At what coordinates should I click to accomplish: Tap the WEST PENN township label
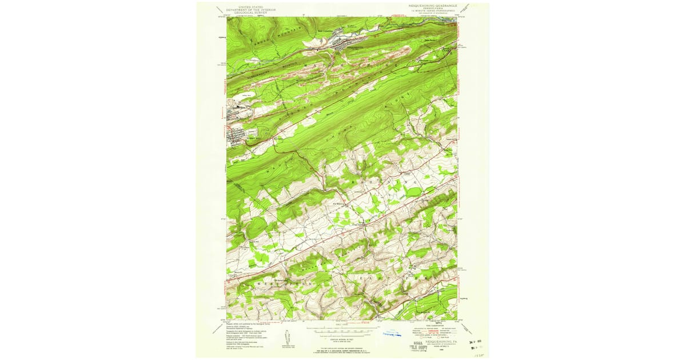278,283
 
